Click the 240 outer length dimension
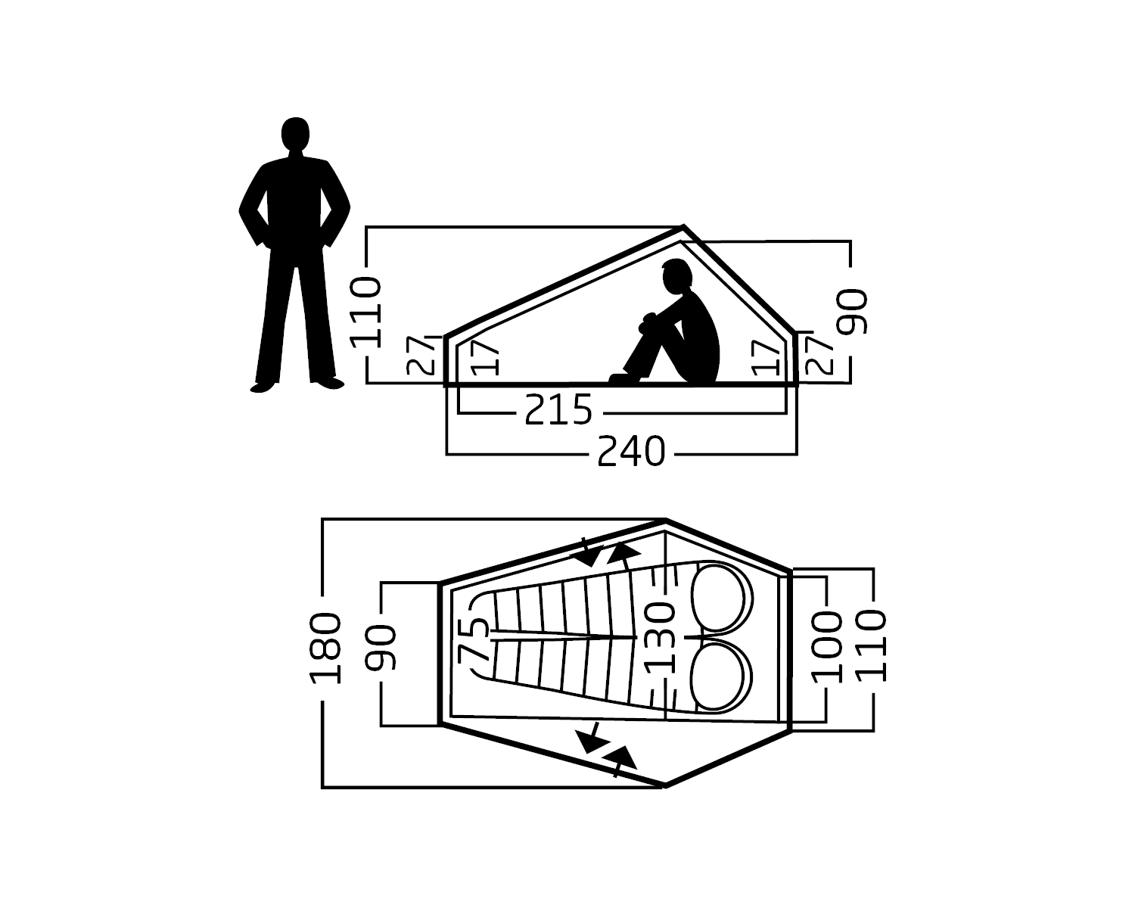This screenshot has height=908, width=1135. [x=631, y=452]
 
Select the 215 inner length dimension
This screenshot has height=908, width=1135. [x=558, y=411]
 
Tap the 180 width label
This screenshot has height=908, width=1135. [x=325, y=648]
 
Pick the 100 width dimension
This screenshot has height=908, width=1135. [x=826, y=647]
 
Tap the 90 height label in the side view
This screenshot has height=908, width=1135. [x=854, y=312]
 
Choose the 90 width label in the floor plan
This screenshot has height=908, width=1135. [x=381, y=648]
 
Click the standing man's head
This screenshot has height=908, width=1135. [x=295, y=135]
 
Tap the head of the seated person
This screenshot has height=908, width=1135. [x=676, y=276]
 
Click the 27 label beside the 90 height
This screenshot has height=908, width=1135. [x=819, y=355]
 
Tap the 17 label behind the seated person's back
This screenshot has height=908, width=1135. [x=767, y=357]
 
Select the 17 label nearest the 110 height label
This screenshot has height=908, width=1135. [x=485, y=359]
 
